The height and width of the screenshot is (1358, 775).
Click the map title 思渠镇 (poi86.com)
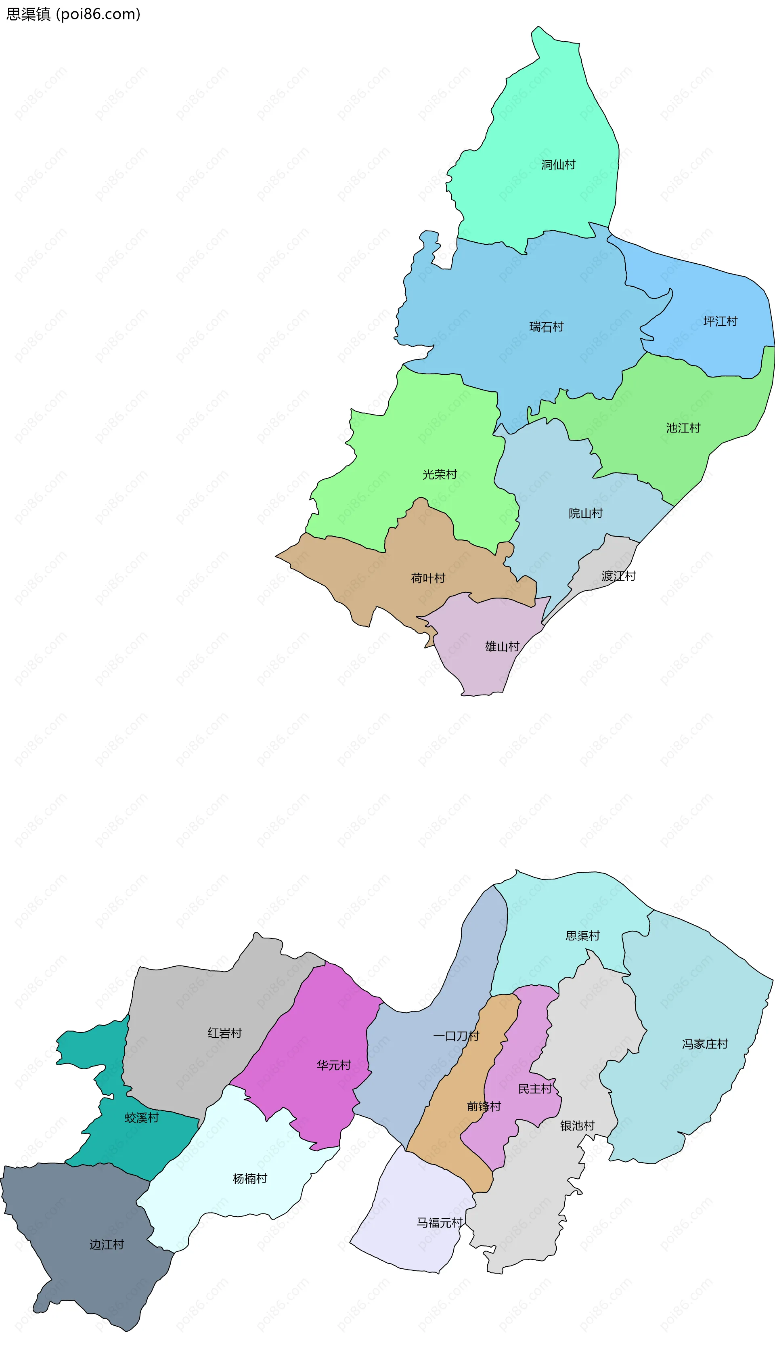click(73, 14)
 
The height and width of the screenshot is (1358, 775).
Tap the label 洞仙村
click(558, 165)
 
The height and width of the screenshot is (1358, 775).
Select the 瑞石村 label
click(546, 327)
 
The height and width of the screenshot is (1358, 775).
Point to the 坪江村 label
click(720, 321)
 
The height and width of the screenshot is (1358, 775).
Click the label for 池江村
click(683, 428)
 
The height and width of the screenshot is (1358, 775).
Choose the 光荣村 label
click(440, 474)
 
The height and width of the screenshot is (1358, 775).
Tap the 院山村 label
click(586, 513)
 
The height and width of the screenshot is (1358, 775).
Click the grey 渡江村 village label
click(618, 576)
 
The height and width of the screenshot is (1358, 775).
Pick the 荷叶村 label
click(428, 578)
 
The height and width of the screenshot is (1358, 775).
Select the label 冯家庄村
click(705, 1044)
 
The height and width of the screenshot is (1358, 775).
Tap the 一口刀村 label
click(456, 1036)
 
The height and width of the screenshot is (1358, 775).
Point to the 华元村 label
click(334, 1065)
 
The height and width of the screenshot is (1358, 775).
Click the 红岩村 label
click(224, 1033)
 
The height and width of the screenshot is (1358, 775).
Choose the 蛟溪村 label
click(142, 1118)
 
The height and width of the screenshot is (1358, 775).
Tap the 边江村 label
click(107, 1245)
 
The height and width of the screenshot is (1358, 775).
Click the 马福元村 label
click(439, 1223)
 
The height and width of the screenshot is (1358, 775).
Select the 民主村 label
click(535, 1089)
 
